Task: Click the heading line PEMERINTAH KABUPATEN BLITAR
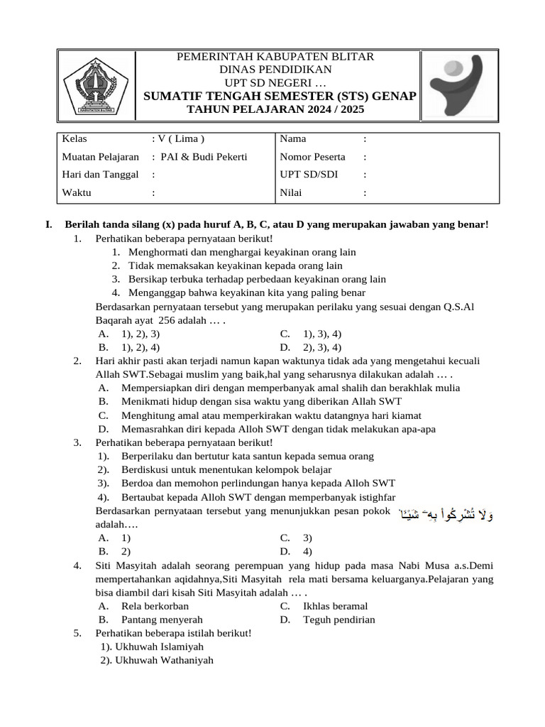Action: pyautogui.click(x=275, y=57)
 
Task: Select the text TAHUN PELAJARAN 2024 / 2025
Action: pyautogui.click(x=275, y=110)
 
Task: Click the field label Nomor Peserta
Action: pyautogui.click(x=312, y=157)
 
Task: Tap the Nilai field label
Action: pyautogui.click(x=291, y=192)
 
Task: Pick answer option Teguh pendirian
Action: pyautogui.click(x=338, y=619)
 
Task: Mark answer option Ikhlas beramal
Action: pyautogui.click(x=335, y=606)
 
